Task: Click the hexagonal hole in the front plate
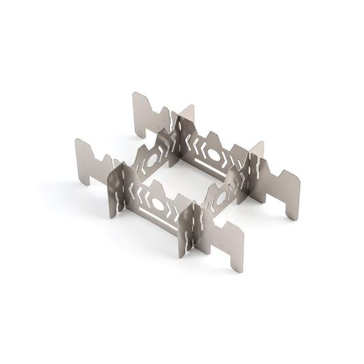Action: click(158, 204)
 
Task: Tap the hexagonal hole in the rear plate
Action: click(214, 155)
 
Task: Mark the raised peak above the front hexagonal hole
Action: click(158, 188)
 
